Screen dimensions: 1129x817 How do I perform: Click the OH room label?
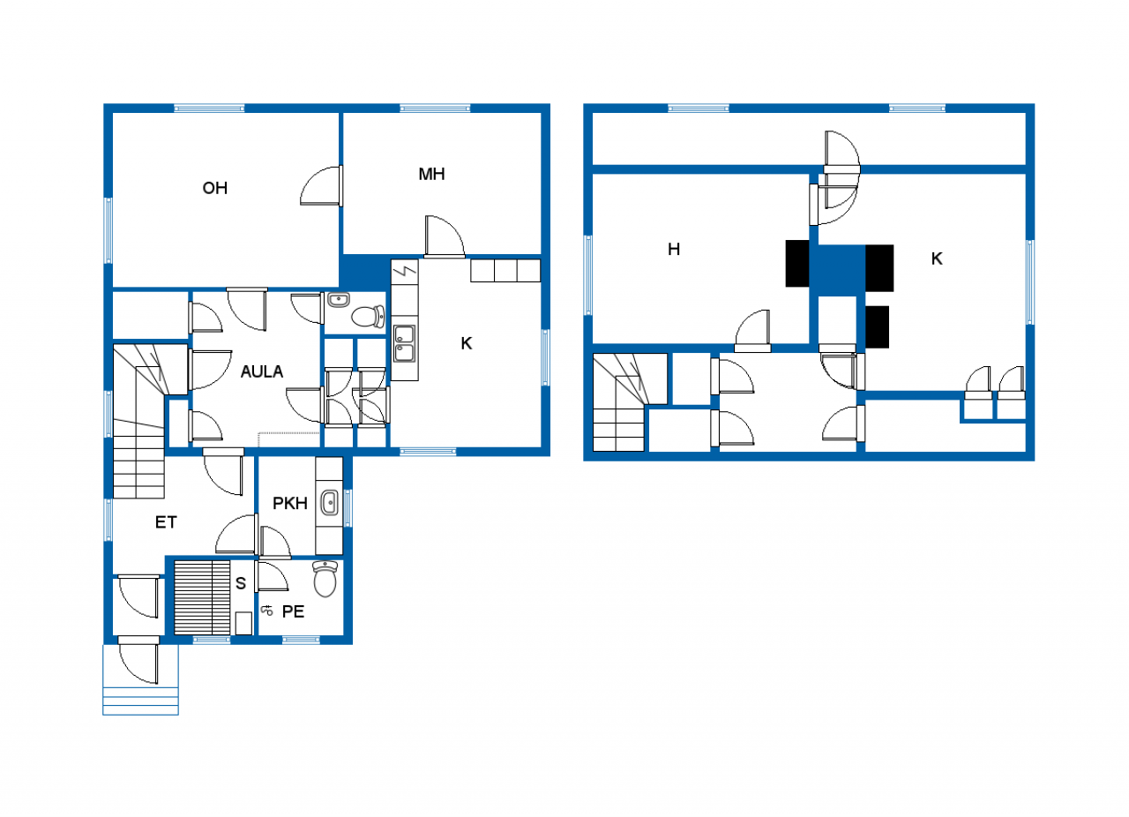(214, 188)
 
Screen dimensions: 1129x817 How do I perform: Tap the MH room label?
(431, 174)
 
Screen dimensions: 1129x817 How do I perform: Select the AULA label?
(262, 371)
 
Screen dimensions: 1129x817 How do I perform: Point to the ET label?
(166, 522)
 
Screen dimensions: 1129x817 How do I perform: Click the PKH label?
(290, 503)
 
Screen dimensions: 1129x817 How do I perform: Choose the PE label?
(293, 611)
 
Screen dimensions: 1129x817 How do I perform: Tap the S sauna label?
(241, 583)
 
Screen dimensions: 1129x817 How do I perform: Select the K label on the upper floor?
(937, 259)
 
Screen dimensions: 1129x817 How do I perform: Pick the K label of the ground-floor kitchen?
(467, 343)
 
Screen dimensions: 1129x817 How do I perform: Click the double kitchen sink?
(405, 343)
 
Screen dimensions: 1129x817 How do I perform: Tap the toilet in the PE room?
(325, 579)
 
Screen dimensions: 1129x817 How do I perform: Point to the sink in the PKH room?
(330, 503)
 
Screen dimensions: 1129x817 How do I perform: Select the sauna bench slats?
(202, 597)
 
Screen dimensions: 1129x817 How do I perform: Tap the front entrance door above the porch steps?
(139, 660)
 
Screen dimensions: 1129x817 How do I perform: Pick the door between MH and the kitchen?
(445, 237)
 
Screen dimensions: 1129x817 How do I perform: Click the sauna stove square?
(243, 624)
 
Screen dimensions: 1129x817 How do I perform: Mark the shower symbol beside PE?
(266, 611)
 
